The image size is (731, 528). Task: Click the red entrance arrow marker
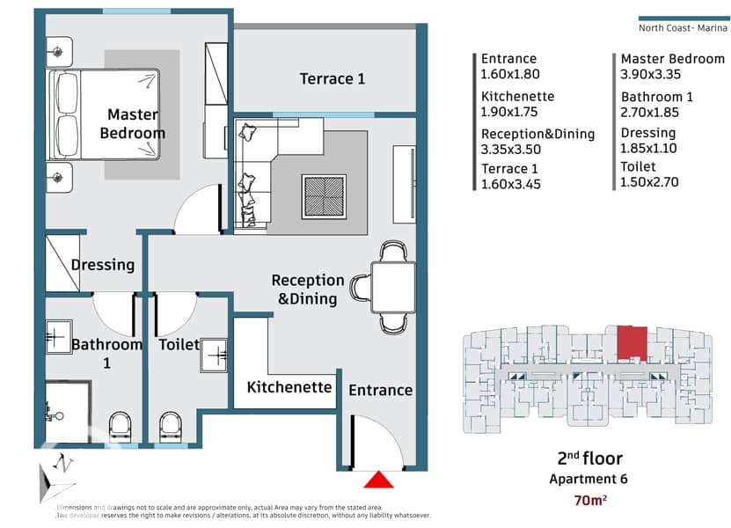[x=378, y=480]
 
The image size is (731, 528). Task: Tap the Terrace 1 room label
[x=333, y=79]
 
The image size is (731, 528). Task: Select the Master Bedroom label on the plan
[x=132, y=124]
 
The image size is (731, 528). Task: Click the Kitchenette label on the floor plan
[x=289, y=387]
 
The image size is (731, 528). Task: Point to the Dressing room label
[x=103, y=265]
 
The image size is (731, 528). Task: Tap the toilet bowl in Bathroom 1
[x=120, y=426]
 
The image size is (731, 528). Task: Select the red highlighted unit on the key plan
[x=631, y=342]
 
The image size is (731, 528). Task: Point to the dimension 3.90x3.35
[x=651, y=75]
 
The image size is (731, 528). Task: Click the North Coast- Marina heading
[x=682, y=27]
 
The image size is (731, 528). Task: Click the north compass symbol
[x=57, y=471]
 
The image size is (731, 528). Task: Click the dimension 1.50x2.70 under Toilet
[x=650, y=182]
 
